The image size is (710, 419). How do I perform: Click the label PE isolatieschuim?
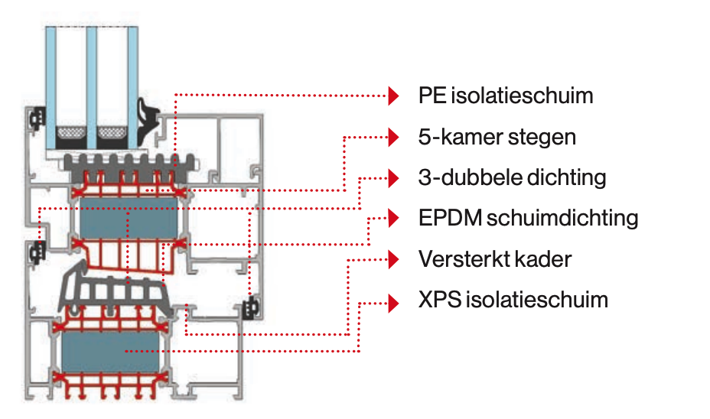505,96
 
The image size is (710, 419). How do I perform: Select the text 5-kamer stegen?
497,137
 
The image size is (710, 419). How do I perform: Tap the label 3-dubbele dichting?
512,178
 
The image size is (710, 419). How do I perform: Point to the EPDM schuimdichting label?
528,218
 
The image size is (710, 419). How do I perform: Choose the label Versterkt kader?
494,259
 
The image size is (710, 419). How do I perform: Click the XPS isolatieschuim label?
513,300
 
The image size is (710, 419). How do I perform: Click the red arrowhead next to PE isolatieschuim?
393,96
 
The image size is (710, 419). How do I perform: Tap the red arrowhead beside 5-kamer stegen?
393,137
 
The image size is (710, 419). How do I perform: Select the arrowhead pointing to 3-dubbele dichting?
393,178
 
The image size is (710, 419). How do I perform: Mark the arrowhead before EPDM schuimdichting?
393,218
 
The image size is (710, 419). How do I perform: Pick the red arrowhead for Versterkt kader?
393,260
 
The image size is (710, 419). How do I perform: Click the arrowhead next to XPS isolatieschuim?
393,303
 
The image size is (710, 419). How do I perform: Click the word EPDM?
450,218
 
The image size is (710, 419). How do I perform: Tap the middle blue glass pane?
92,88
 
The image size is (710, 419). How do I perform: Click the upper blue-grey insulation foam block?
129,218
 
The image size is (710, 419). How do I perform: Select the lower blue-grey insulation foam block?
110,352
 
